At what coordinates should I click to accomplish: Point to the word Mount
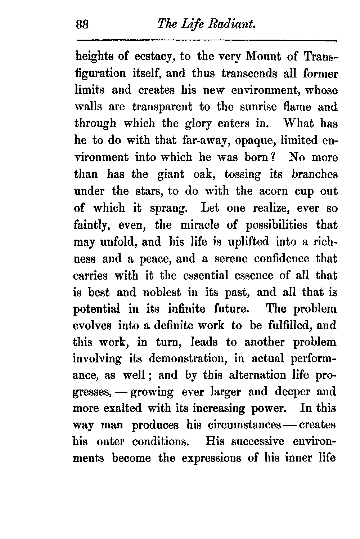(264, 57)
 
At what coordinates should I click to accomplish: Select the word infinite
(186, 309)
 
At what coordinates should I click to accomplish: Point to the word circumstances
(244, 425)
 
